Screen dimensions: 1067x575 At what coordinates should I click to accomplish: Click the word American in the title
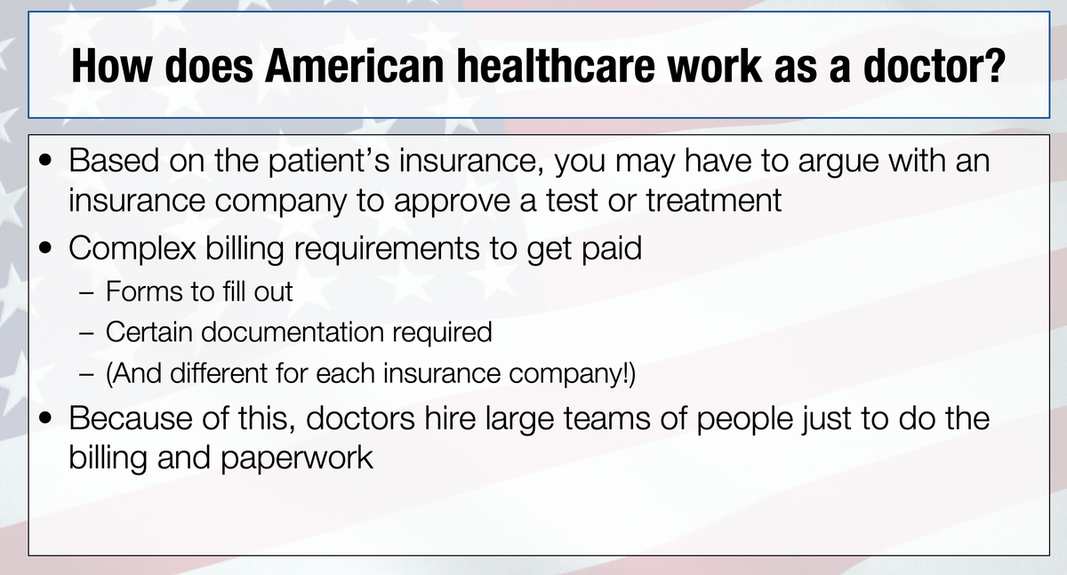click(x=355, y=66)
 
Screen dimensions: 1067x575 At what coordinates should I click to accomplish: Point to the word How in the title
click(x=111, y=66)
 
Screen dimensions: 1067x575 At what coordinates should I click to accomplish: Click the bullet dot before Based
click(x=45, y=161)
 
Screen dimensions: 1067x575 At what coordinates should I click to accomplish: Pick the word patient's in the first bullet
click(x=329, y=161)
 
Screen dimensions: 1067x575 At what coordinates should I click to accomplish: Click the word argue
click(x=838, y=162)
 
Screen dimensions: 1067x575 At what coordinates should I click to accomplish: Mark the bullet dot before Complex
click(x=45, y=248)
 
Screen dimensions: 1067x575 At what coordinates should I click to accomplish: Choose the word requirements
click(x=387, y=249)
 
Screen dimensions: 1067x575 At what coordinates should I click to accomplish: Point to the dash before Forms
click(x=87, y=292)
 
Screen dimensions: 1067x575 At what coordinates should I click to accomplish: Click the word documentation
click(x=293, y=331)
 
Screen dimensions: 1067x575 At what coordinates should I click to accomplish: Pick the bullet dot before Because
click(x=45, y=418)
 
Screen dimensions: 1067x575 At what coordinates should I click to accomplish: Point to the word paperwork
click(x=297, y=458)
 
